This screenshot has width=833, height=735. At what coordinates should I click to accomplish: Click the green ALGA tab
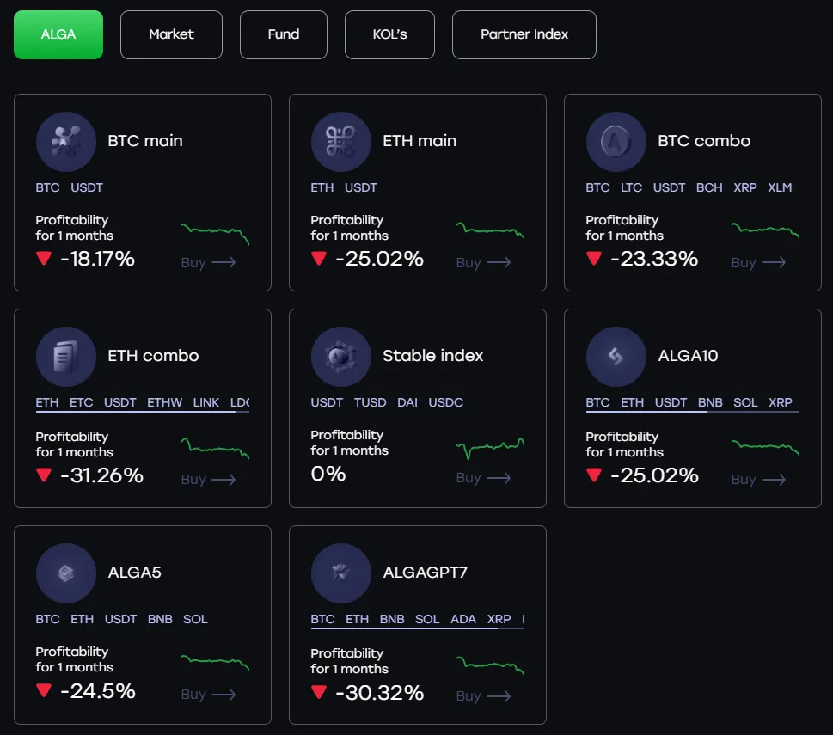(58, 34)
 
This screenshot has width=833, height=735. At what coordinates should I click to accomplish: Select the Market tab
(171, 34)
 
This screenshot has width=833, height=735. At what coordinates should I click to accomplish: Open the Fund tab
(283, 34)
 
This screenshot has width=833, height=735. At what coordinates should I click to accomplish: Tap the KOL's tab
(389, 34)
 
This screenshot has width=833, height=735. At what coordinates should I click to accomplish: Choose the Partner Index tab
(524, 34)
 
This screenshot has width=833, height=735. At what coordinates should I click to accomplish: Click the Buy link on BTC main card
(208, 262)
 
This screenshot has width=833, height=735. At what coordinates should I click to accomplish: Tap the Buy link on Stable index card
(483, 477)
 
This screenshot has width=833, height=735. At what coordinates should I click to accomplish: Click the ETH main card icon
(340, 141)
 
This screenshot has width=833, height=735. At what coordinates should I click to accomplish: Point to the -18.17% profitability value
(97, 259)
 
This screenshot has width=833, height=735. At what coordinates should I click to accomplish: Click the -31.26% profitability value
(101, 475)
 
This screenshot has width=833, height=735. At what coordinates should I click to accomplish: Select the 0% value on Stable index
(328, 474)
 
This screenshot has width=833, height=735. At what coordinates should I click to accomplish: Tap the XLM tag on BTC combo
(780, 187)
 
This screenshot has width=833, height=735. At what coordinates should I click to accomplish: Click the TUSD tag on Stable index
(370, 402)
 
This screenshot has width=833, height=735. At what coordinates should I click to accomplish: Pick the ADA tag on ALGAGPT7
(463, 619)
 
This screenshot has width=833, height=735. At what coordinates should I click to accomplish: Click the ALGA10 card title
(688, 356)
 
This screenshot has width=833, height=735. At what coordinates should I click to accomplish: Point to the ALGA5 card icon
(65, 573)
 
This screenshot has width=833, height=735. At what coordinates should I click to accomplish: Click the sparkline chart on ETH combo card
(215, 448)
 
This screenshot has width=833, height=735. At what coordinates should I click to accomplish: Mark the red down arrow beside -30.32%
(319, 692)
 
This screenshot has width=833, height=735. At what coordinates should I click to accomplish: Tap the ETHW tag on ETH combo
(164, 402)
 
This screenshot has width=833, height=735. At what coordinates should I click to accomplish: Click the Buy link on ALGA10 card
(758, 479)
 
